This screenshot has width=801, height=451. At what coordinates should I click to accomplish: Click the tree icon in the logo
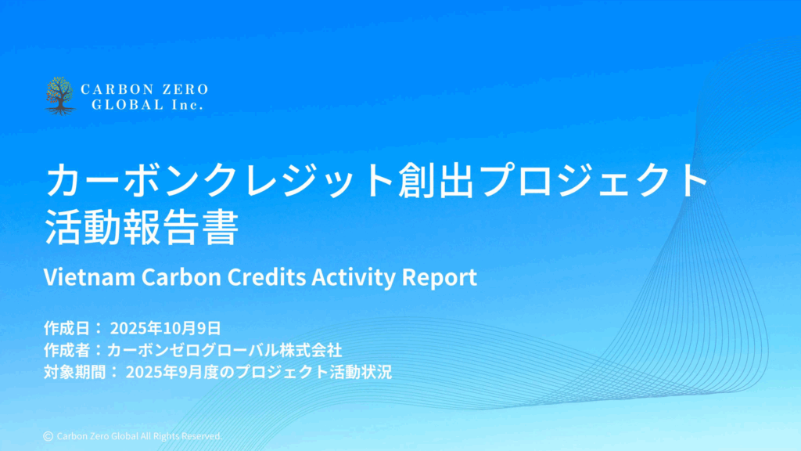[60, 96]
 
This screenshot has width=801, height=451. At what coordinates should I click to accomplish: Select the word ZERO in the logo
[185, 89]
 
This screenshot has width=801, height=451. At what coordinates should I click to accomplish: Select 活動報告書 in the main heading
[142, 226]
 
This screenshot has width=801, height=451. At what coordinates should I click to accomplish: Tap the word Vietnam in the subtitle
[89, 277]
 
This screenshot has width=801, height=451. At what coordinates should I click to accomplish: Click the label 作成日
[67, 328]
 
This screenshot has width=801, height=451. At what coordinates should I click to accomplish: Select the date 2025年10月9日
[166, 328]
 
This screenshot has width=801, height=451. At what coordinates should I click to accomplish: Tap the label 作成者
[67, 350]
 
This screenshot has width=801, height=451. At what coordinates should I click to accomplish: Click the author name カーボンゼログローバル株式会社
[224, 350]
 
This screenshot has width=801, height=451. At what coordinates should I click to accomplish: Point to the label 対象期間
[74, 372]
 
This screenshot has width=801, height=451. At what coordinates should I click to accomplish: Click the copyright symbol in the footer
[48, 436]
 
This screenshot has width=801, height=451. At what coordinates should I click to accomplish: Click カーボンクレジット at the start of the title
[221, 180]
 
